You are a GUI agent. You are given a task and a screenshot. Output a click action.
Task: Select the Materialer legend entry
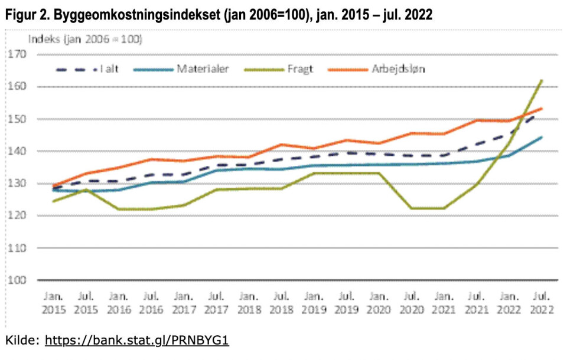pos(201,69)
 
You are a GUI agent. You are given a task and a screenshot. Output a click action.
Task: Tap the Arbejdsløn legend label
pos(399,69)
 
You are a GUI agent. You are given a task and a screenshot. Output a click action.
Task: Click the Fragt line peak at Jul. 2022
pos(542,80)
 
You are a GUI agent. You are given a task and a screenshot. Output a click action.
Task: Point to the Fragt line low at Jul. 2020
pos(412,208)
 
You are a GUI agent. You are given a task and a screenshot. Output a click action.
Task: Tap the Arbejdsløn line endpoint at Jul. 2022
pos(542,109)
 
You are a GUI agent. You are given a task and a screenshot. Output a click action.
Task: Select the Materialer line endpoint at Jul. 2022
pos(542,138)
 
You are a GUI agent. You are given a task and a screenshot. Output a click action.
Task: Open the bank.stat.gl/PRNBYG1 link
pos(136,341)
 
